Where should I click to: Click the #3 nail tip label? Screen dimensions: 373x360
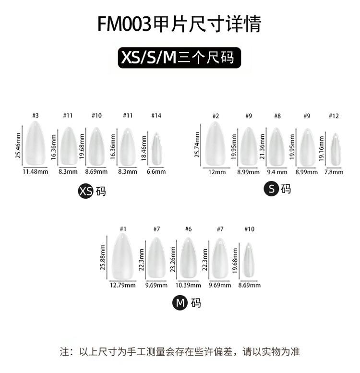click(x=35, y=115)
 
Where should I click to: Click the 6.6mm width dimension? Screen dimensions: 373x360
click(x=156, y=171)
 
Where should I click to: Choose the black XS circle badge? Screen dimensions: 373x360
click(x=85, y=192)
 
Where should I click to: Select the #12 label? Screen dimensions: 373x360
click(x=334, y=116)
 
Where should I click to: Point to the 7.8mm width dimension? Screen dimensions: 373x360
click(x=334, y=172)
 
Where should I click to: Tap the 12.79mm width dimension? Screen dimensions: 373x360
click(x=123, y=285)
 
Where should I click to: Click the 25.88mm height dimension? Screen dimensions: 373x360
click(x=103, y=257)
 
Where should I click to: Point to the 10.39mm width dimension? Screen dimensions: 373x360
click(x=188, y=285)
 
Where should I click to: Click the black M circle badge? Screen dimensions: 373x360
click(x=180, y=302)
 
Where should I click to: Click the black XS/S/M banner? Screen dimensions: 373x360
click(x=180, y=58)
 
